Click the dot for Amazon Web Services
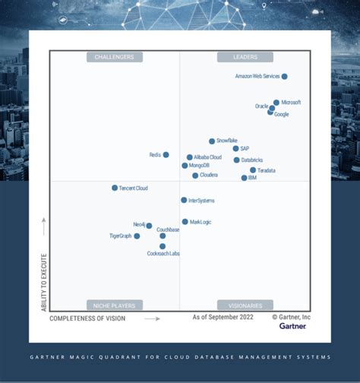[x=284, y=77]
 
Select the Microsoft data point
[x=276, y=102]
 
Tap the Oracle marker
[x=272, y=108]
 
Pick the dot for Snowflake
[x=212, y=141]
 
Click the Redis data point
[x=166, y=155]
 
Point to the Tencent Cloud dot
[x=115, y=188]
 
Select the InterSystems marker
[x=184, y=201]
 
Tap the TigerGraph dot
[x=137, y=236]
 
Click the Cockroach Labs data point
[x=163, y=246]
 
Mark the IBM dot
[x=244, y=178]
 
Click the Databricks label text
[x=253, y=160]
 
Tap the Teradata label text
[x=267, y=171]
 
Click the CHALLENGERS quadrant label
[x=115, y=57]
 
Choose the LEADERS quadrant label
[x=245, y=57]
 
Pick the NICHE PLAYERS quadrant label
[x=115, y=305]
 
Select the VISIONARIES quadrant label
[x=245, y=305]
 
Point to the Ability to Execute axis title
[x=44, y=281]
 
